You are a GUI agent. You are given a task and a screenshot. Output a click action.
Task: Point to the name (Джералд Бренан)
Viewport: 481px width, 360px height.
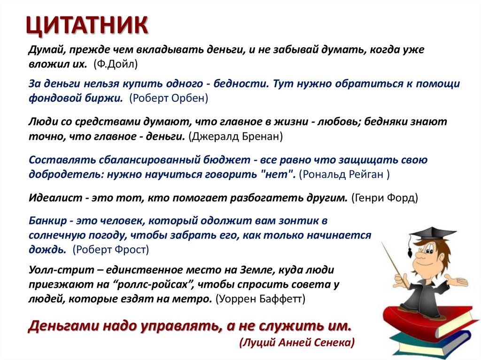235,137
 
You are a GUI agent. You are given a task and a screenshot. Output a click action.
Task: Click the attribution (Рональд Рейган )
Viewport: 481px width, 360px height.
344,174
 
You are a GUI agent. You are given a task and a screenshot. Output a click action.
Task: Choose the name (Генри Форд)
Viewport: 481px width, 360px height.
384,198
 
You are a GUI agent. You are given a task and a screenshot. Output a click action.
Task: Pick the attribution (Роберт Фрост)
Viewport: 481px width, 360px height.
111,249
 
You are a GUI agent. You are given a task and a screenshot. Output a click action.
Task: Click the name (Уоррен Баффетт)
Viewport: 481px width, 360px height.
260,298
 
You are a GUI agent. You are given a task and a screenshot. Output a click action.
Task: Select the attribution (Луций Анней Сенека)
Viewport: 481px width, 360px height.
297,342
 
